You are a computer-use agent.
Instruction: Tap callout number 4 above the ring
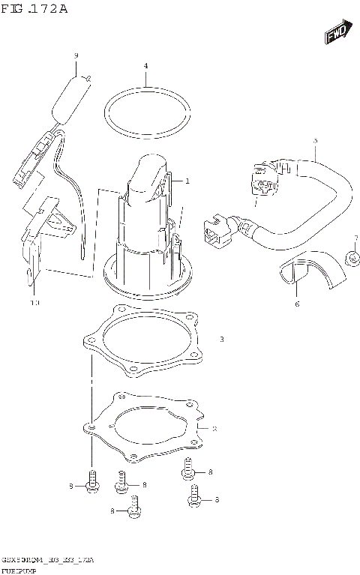146,66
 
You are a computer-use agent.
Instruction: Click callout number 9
76,55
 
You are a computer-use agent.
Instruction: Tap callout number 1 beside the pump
187,181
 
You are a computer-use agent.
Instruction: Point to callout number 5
315,140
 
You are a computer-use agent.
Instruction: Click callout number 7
356,238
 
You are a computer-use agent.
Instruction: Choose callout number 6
297,304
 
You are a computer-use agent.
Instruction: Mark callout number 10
34,303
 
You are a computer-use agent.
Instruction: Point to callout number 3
222,340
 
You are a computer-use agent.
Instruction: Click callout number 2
214,429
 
